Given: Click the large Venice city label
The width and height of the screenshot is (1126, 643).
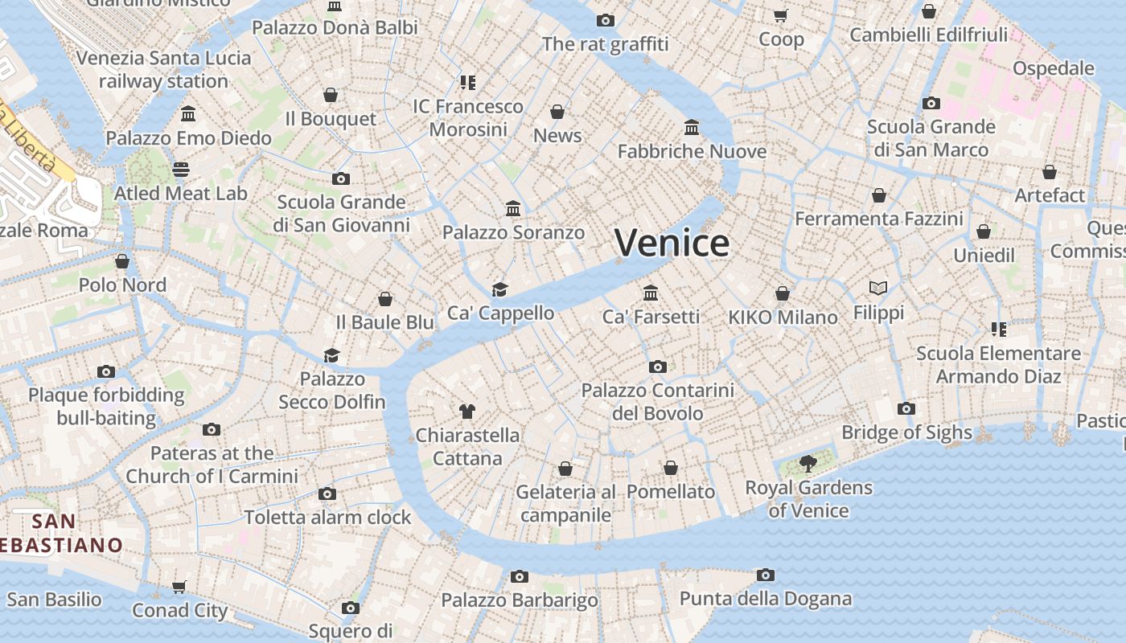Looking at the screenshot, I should pos(672,242).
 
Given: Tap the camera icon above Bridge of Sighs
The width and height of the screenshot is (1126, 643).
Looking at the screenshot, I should pos(906,408).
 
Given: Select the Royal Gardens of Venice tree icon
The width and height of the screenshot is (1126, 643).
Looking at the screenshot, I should pos(808,463).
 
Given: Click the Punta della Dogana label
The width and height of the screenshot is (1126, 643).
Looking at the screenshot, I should pos(765,598).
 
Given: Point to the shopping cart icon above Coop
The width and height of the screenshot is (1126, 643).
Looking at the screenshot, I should pos(780,15).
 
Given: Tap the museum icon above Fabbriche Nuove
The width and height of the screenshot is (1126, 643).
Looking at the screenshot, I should pos(692,127).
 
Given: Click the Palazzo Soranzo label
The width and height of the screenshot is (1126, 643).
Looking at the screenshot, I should pos(513,232).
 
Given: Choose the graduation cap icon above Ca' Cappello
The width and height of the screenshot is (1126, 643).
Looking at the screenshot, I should pos(500,289).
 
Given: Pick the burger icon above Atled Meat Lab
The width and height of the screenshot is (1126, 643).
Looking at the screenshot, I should pos(180,170).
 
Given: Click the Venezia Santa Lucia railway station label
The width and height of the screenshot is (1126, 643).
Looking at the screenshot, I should pos(164,69).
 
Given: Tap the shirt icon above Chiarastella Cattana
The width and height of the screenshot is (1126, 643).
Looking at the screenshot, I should pos(466,412).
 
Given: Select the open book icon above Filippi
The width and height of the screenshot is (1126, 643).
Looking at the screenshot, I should pos(878,288).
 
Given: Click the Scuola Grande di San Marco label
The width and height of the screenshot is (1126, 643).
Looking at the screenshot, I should pos(931,138).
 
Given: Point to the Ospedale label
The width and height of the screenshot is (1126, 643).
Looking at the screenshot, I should pos(1053,68).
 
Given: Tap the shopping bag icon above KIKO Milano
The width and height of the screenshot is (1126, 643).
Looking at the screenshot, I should pos(783,293).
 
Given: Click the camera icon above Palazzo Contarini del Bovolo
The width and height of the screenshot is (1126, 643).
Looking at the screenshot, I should pos(657,367).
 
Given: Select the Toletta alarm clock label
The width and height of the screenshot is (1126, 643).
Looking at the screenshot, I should pos(327,517).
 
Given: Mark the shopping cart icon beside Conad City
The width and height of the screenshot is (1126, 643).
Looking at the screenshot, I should pos(179,587).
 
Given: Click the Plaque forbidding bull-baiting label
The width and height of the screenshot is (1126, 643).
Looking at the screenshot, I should pos(106,406).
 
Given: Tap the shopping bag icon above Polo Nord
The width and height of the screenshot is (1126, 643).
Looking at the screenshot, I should pos(122,261).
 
